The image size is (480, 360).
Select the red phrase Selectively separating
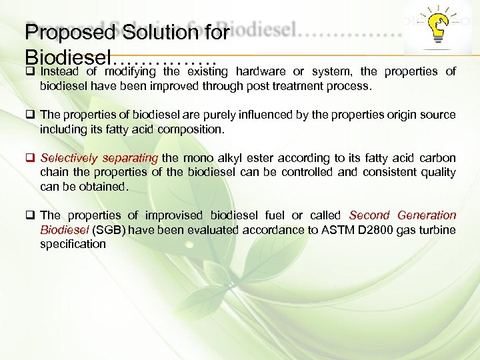click(x=99, y=158)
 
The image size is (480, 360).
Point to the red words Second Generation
click(x=403, y=215)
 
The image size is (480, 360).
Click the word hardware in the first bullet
click(x=261, y=71)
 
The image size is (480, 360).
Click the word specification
click(x=73, y=244)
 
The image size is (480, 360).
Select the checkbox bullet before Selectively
click(x=30, y=158)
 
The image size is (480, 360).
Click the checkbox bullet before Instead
click(x=30, y=71)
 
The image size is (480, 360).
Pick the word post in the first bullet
click(x=269, y=85)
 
